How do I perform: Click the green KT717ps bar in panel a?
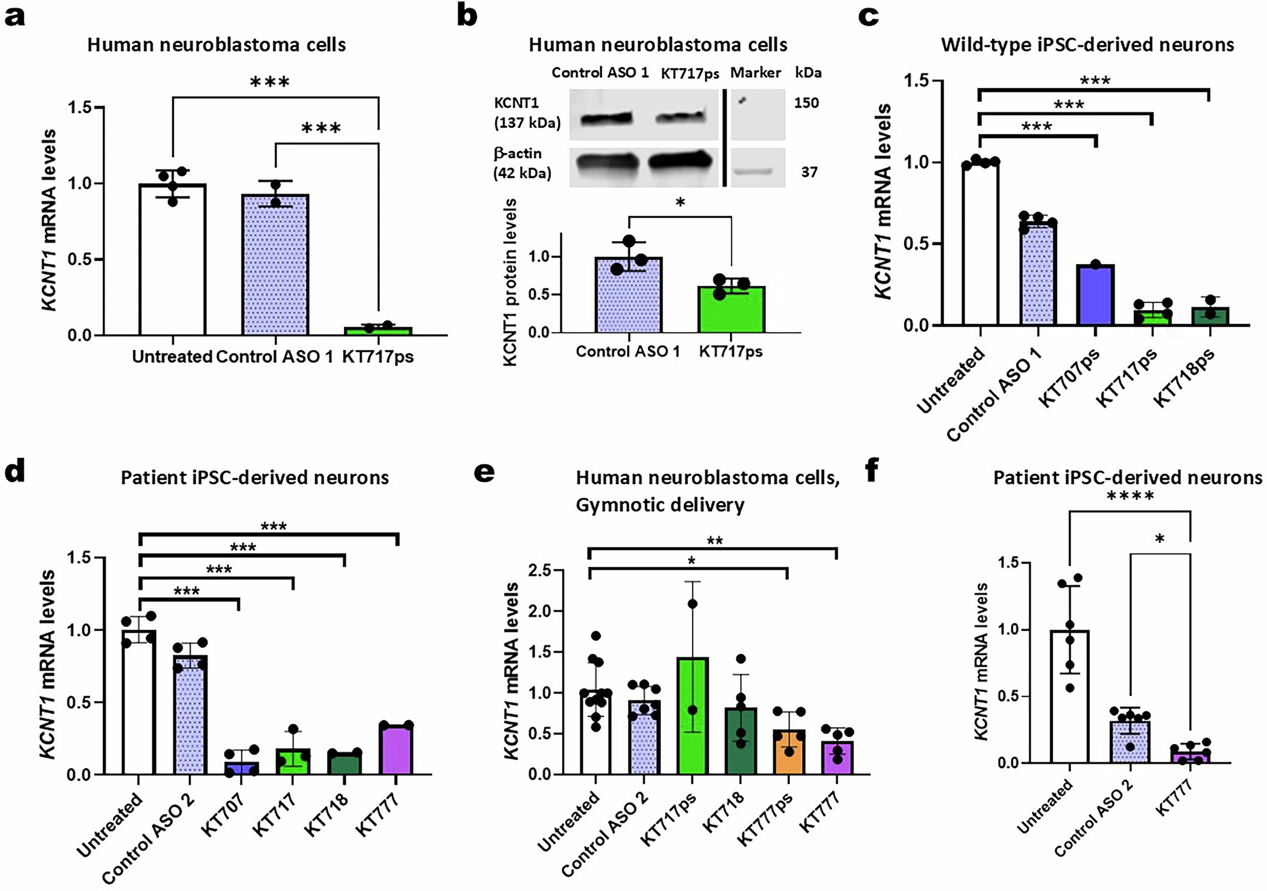tap(378, 331)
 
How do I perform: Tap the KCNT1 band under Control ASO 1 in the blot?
tap(606, 119)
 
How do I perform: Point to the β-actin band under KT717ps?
tap(681, 161)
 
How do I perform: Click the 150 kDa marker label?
tap(806, 103)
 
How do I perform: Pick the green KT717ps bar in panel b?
tap(731, 310)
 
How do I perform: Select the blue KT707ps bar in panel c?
tap(1095, 295)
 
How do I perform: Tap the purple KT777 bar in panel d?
tap(396, 750)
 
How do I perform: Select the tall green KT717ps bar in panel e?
tap(693, 716)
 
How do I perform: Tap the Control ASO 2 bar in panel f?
tap(1130, 742)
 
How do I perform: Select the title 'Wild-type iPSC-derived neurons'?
tap(1087, 45)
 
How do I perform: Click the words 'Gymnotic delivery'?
tap(660, 504)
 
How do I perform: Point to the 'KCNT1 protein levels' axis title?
tap(510, 282)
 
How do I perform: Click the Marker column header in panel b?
tap(755, 73)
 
